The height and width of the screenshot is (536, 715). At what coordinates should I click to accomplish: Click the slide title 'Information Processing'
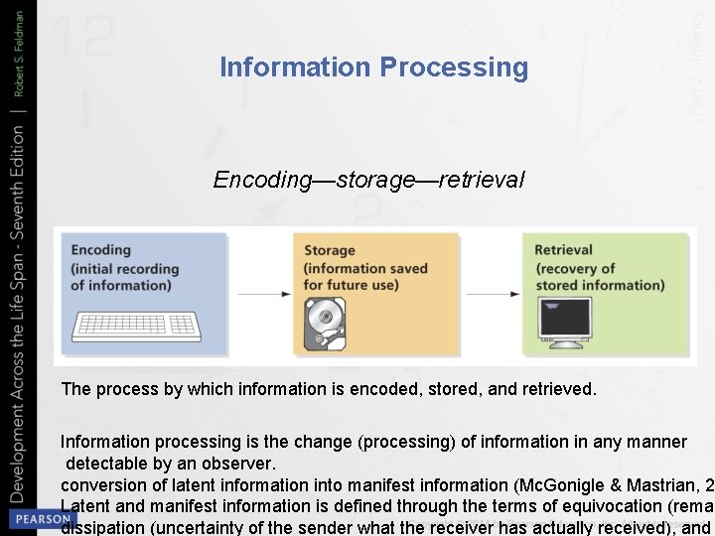pyautogui.click(x=373, y=67)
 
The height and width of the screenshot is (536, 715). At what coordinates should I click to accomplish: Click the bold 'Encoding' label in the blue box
pyautogui.click(x=100, y=250)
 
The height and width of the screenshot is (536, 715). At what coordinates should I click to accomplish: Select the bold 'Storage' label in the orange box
pyautogui.click(x=329, y=251)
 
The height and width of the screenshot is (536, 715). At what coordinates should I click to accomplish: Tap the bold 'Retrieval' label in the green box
pyautogui.click(x=563, y=250)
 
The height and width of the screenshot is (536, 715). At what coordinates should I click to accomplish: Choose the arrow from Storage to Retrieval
pyautogui.click(x=494, y=294)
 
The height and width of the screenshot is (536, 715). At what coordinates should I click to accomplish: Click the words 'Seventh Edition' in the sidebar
pyautogui.click(x=19, y=189)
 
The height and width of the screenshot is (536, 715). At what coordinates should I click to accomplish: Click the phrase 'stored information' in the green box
pyautogui.click(x=600, y=285)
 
